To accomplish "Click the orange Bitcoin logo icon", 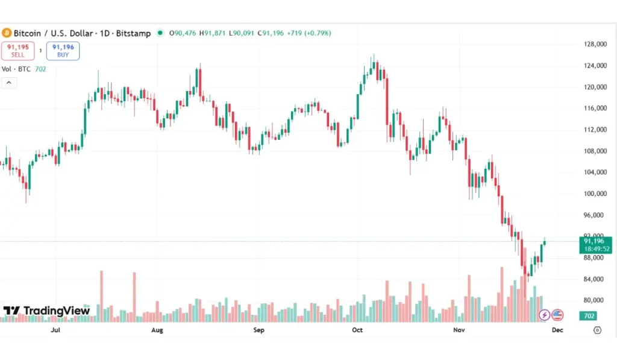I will (x=7, y=33).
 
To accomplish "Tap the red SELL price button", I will (x=17, y=51).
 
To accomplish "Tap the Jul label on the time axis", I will (x=55, y=330).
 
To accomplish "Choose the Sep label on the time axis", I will (x=258, y=330).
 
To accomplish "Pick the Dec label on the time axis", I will (x=557, y=330).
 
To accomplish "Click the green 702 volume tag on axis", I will (x=589, y=315).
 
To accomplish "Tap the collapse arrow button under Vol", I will (x=9, y=83).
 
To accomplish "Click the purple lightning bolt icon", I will (x=544, y=315).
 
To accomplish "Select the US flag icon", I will (x=557, y=315).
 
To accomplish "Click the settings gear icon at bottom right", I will (x=597, y=330).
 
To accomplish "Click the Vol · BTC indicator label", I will (x=17, y=69).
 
